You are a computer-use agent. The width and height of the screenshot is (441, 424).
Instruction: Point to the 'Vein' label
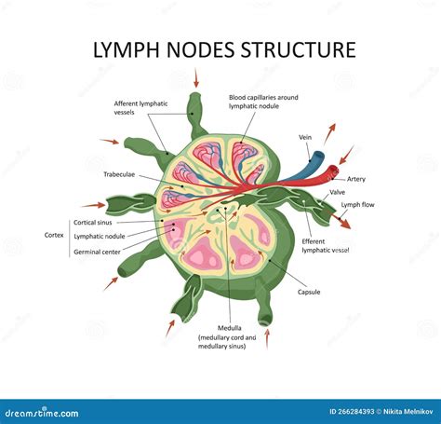point(304,137)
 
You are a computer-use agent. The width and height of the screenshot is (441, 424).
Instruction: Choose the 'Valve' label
point(337,192)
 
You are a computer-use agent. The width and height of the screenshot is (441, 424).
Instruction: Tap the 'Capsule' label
point(309,292)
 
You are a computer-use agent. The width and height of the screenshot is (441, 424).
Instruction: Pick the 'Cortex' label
point(54,235)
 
